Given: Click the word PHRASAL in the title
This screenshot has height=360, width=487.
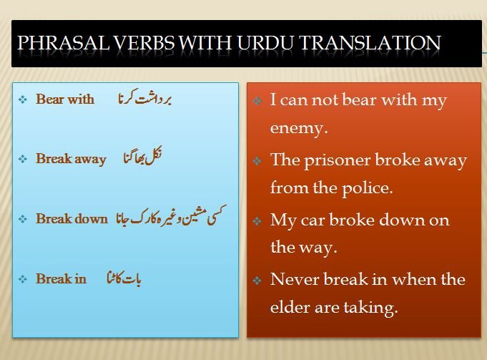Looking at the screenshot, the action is (x=64, y=43).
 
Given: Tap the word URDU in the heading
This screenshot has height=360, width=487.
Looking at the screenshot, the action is (x=265, y=43).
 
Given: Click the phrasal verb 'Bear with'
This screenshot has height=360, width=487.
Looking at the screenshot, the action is (x=65, y=99).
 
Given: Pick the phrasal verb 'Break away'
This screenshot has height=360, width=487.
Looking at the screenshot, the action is (x=71, y=159).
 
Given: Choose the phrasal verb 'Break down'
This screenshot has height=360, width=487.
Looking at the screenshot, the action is (x=72, y=218).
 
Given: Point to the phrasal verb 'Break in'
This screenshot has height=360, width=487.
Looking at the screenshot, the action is (x=62, y=278).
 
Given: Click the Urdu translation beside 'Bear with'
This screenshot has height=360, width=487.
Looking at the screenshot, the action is (x=144, y=97).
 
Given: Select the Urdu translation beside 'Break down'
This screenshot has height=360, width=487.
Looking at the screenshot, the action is (x=171, y=215).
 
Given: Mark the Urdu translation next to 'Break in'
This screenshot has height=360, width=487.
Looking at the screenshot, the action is (x=124, y=278).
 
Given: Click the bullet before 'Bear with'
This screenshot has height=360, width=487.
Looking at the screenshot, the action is (x=23, y=99).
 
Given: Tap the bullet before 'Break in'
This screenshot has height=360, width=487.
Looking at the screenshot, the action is (x=23, y=279).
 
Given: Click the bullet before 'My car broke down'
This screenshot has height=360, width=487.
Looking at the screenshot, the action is (x=257, y=221).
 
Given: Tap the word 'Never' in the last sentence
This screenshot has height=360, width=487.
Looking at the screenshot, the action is (x=294, y=279).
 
